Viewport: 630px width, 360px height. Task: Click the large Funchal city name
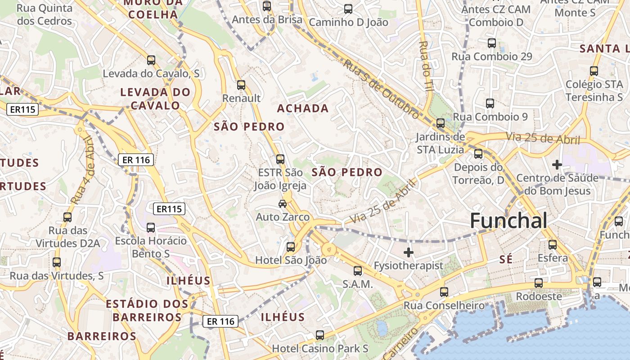click(508, 221)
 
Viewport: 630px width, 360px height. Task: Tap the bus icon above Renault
click(241, 85)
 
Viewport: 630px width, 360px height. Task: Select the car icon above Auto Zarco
click(283, 203)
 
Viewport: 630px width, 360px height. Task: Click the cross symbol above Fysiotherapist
click(408, 252)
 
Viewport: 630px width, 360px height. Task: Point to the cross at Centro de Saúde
click(557, 165)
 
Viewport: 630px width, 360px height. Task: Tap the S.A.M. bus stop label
click(358, 284)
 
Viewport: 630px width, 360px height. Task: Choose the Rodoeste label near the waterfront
click(539, 297)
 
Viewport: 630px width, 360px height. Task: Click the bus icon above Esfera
click(553, 245)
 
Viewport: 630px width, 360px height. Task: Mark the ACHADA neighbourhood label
click(303, 108)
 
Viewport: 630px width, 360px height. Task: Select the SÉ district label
click(506, 259)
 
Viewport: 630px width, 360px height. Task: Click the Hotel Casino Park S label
click(320, 348)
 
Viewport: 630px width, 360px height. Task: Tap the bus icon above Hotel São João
click(291, 247)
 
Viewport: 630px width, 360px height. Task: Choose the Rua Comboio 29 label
click(492, 57)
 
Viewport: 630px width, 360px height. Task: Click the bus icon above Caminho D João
click(348, 9)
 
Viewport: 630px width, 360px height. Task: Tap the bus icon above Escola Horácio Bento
click(151, 228)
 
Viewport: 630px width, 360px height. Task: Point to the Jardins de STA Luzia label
click(440, 143)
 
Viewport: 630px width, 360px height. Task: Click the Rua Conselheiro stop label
click(444, 306)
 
